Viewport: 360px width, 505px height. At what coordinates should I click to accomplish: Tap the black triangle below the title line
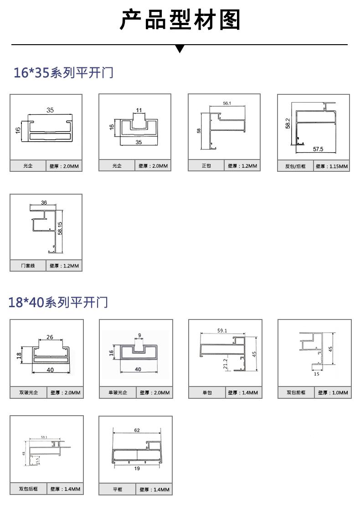coord(180,48)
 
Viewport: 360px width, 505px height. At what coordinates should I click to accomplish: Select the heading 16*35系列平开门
coord(63,72)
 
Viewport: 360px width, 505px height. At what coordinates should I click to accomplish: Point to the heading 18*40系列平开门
coord(58,302)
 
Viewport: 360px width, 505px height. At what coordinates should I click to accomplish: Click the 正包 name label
coord(206,166)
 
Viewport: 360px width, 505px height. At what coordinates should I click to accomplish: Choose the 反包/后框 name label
coord(295,166)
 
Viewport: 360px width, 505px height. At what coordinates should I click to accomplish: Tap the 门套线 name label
coord(28,266)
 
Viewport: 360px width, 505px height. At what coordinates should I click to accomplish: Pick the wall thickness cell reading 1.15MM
coord(332,166)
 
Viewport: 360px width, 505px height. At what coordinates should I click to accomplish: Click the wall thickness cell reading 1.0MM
coord(333,392)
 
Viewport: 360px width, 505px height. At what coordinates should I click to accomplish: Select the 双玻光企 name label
coord(28,392)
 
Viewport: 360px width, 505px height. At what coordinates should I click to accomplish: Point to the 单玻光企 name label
coord(118,392)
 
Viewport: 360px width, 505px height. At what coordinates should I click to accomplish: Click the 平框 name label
coord(118,490)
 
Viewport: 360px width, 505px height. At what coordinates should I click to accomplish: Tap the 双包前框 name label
coord(296,392)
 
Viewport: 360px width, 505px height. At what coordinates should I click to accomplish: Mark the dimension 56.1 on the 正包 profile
coord(227,103)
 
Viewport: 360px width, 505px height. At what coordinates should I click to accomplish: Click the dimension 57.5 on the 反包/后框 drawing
coord(318,149)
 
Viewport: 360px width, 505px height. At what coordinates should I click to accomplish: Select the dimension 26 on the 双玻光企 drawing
coord(50,337)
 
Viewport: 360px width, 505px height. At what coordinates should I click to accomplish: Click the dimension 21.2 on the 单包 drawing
coord(225,363)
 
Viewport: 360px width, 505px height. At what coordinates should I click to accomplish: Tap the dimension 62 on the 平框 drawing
coord(137,430)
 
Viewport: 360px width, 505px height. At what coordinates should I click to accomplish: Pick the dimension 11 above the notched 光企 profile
coord(139,110)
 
